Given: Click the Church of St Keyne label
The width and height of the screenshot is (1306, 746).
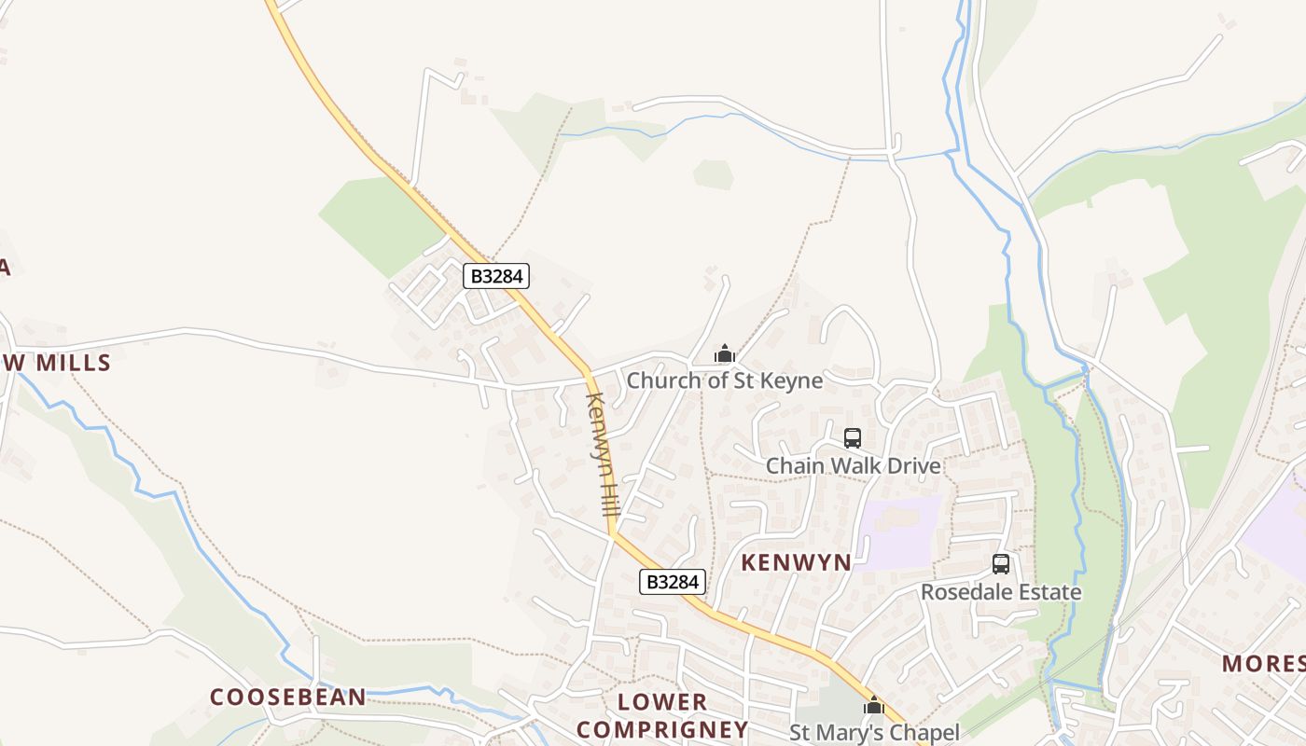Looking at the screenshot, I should point(724,380).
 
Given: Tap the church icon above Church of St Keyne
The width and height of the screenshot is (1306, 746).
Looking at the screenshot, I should point(725,354).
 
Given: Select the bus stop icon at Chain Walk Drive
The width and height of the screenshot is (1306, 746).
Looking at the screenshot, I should point(852,438).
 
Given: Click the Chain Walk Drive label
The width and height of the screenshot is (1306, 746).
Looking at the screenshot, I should point(853,465).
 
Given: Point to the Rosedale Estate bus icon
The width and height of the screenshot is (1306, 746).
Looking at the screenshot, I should point(1001,564).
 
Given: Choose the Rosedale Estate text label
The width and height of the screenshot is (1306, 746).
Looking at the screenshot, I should point(1001,592).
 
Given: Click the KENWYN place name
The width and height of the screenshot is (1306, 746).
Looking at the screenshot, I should point(796,562).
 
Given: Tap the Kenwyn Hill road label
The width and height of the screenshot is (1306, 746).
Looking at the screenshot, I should point(603,455).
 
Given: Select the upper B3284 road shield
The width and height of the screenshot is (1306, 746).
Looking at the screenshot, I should point(496,276).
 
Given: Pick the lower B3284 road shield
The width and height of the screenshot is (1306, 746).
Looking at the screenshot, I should point(672,582).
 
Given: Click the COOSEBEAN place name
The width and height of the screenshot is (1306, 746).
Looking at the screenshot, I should point(287,698).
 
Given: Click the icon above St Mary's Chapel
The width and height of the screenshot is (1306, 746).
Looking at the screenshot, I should point(874,706).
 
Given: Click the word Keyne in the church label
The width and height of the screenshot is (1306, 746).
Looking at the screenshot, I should point(791,380).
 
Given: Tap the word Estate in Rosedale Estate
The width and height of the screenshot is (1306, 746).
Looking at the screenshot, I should point(1049,592).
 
